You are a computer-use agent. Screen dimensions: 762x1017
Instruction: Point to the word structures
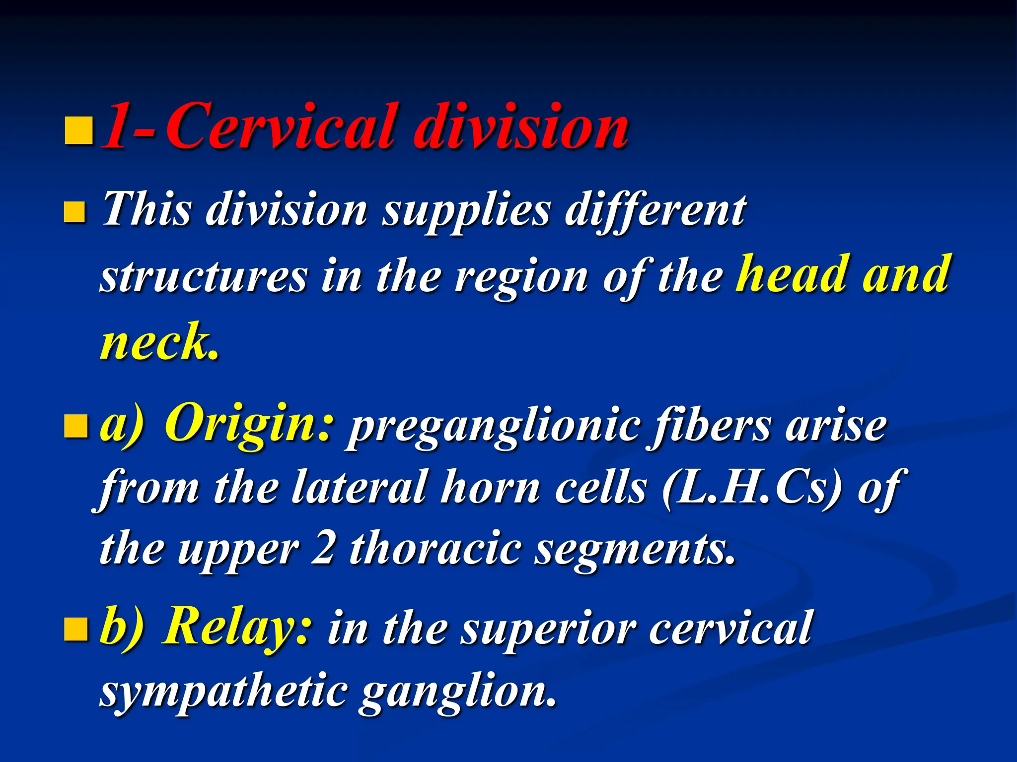[x=204, y=277]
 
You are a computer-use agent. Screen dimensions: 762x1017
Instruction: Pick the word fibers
[x=711, y=426]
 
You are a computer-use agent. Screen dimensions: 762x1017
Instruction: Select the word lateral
[x=360, y=488]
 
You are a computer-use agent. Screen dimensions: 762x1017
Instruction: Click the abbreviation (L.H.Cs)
[x=752, y=488]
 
